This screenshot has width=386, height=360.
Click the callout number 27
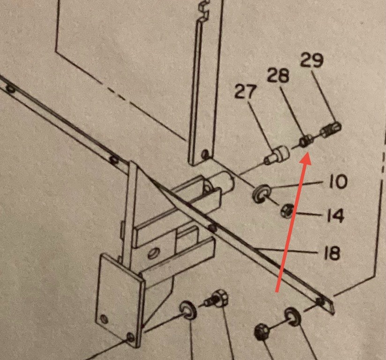[245, 92]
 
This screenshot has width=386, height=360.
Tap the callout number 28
[278, 75]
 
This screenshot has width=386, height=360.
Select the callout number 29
[312, 60]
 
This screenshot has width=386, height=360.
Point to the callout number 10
[338, 181]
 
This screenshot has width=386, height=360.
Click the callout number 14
[335, 215]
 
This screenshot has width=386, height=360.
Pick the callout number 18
[331, 252]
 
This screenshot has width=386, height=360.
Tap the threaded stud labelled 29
[330, 130]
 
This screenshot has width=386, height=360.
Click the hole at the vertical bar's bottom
[205, 154]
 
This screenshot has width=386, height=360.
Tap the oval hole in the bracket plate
[154, 253]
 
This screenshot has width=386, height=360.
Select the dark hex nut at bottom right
[261, 332]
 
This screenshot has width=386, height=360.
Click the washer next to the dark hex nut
[292, 316]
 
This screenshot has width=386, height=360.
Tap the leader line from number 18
[286, 251]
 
